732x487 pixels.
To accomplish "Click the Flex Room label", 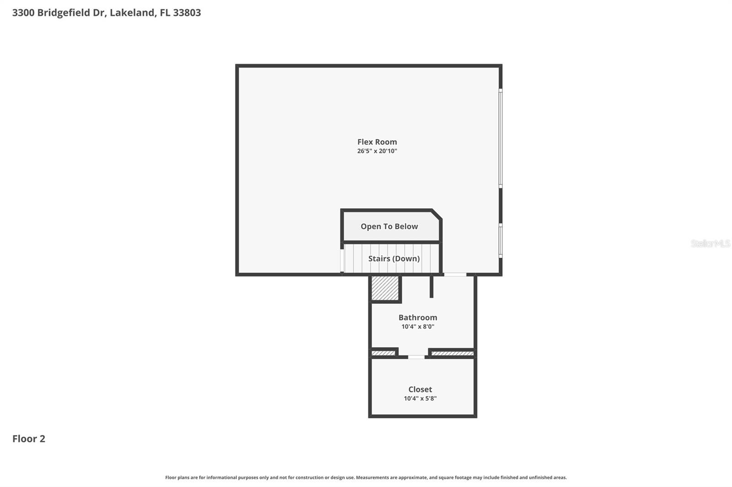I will pos(377,142).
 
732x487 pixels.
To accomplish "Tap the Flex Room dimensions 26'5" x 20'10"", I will pos(377,151).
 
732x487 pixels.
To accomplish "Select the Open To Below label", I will pos(389,227).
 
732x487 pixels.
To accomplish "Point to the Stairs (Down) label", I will pos(394,259).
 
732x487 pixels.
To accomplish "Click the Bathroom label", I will pos(418,318).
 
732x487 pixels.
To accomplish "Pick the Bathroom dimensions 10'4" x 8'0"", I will pos(418,327).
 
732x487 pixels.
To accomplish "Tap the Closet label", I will pos(420,389).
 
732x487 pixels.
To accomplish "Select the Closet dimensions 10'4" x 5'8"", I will pos(420,398).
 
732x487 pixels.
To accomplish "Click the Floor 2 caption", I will pos(29,439).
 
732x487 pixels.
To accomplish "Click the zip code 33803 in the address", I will pos(187,13).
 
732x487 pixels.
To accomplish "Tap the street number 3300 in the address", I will pos(23,13).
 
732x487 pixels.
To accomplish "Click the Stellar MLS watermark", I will pos(710,243).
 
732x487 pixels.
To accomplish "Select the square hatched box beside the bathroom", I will pos(385,288).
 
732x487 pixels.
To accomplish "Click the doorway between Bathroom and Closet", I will pos(416,357).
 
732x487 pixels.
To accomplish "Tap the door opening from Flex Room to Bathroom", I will pos(455,275).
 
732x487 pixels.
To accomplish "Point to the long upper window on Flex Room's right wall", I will pos(501,138).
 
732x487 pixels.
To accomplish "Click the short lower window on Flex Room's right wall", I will pos(501,240).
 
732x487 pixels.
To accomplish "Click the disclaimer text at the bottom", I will pos(366,477).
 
